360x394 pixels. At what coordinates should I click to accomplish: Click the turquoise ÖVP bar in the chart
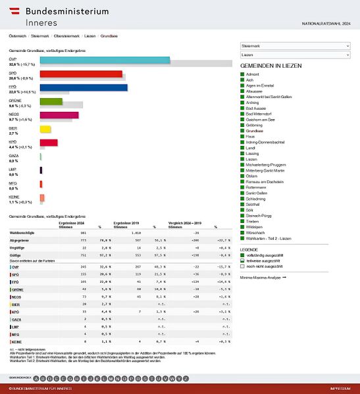click(105, 61)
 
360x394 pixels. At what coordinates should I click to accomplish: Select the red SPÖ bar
click(81, 74)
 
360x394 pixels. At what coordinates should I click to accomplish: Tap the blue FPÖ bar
click(84, 87)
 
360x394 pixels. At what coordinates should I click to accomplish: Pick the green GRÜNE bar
click(51, 101)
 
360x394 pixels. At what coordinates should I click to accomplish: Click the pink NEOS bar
click(59, 115)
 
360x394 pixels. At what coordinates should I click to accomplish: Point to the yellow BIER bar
click(45, 129)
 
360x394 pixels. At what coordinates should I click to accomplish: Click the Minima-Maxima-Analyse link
click(263, 278)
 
